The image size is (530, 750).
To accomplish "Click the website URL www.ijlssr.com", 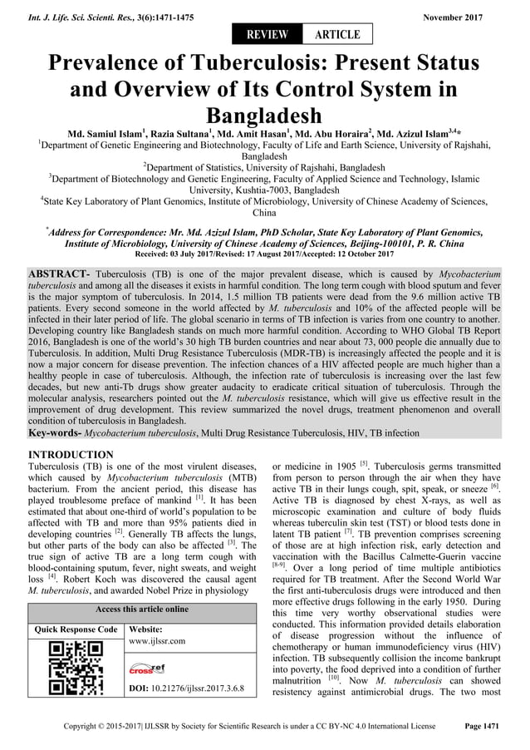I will click(x=158, y=641).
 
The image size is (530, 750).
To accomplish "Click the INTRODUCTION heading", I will click(x=71, y=455).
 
